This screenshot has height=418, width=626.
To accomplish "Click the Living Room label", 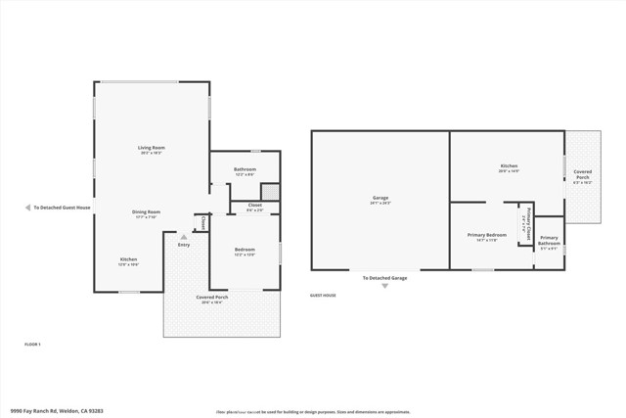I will click(152, 150).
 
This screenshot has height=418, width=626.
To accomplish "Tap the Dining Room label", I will click(147, 212).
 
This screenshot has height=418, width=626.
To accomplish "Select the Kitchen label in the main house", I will click(129, 260).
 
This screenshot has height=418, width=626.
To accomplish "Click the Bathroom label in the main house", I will click(245, 170).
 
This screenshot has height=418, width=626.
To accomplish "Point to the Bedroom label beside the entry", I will click(245, 251).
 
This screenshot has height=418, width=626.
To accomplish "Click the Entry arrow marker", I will click(183, 236).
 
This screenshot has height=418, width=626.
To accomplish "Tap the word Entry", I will click(184, 245).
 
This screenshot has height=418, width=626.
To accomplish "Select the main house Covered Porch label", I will click(212, 299).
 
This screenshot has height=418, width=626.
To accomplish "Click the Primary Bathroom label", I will click(549, 240).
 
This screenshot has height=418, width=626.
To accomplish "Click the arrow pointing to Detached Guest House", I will click(27, 208).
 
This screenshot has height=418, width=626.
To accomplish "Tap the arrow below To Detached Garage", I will click(385, 287).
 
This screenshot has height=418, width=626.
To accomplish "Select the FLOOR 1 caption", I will click(32, 345).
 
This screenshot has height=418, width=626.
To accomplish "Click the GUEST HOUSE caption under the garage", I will click(323, 295).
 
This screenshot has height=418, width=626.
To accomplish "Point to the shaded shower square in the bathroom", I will click(270, 191).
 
